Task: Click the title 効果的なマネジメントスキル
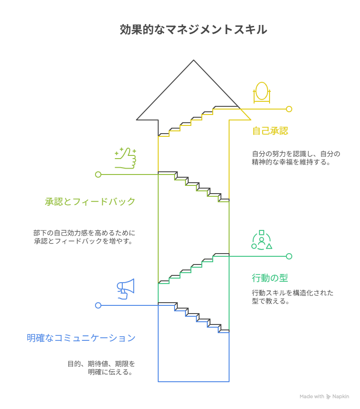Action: tap(193, 30)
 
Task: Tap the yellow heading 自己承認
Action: tap(270, 131)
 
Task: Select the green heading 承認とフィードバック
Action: tap(90, 202)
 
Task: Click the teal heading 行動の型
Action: tap(270, 278)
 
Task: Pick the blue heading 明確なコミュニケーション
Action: tap(81, 338)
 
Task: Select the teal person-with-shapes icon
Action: tap(261, 240)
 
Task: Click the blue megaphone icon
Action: tap(126, 289)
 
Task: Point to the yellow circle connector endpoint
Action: tap(289, 109)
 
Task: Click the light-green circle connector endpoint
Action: tap(98, 175)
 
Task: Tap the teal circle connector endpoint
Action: tap(289, 256)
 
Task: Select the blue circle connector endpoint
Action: tap(98, 305)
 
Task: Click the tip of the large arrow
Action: tap(194, 60)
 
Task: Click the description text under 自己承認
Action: tap(296, 158)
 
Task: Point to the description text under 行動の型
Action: tap(292, 297)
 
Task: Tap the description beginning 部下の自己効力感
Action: tap(85, 237)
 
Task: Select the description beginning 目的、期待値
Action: tap(101, 368)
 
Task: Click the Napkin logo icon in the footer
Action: tap(329, 397)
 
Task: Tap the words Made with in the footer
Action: tap(312, 397)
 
